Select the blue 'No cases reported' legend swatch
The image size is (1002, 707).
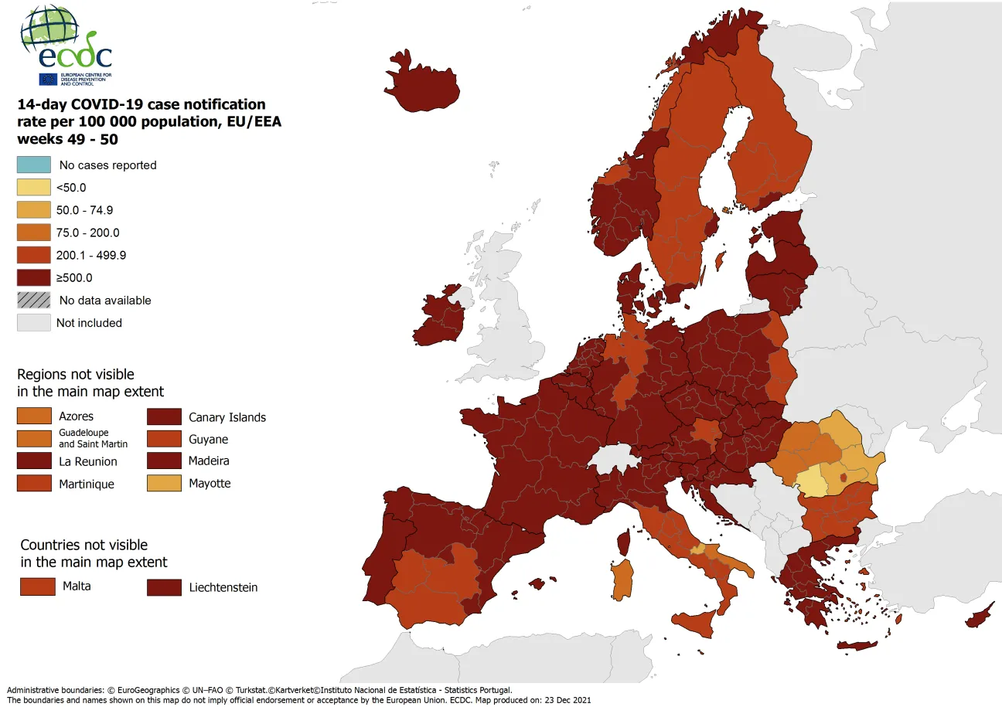click(x=34, y=165)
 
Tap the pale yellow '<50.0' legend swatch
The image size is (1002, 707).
click(x=34, y=187)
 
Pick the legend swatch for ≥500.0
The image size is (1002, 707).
click(x=34, y=277)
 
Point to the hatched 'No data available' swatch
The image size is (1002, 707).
click(x=34, y=300)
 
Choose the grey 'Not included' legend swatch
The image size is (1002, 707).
click(x=34, y=323)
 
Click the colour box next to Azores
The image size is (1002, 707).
click(x=34, y=416)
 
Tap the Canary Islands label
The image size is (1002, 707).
click(x=227, y=417)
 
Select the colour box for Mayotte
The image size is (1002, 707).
click(x=164, y=483)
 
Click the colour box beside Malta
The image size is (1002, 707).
click(x=37, y=586)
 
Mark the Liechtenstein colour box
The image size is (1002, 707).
click(x=164, y=587)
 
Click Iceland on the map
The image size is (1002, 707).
click(x=422, y=81)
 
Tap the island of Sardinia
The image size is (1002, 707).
click(x=621, y=580)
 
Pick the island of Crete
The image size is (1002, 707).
click(x=857, y=646)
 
